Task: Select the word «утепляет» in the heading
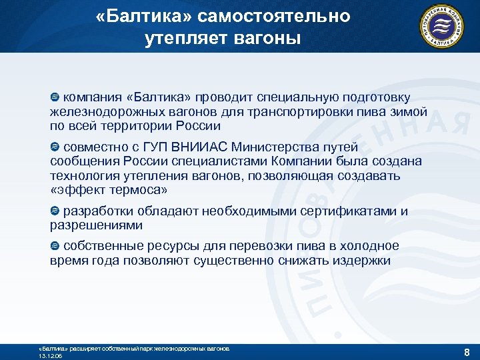pos(185,39)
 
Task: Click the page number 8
pos(467,351)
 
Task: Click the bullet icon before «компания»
pos(55,98)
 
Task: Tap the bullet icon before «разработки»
pos(55,211)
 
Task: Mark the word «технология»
pos(85,176)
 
